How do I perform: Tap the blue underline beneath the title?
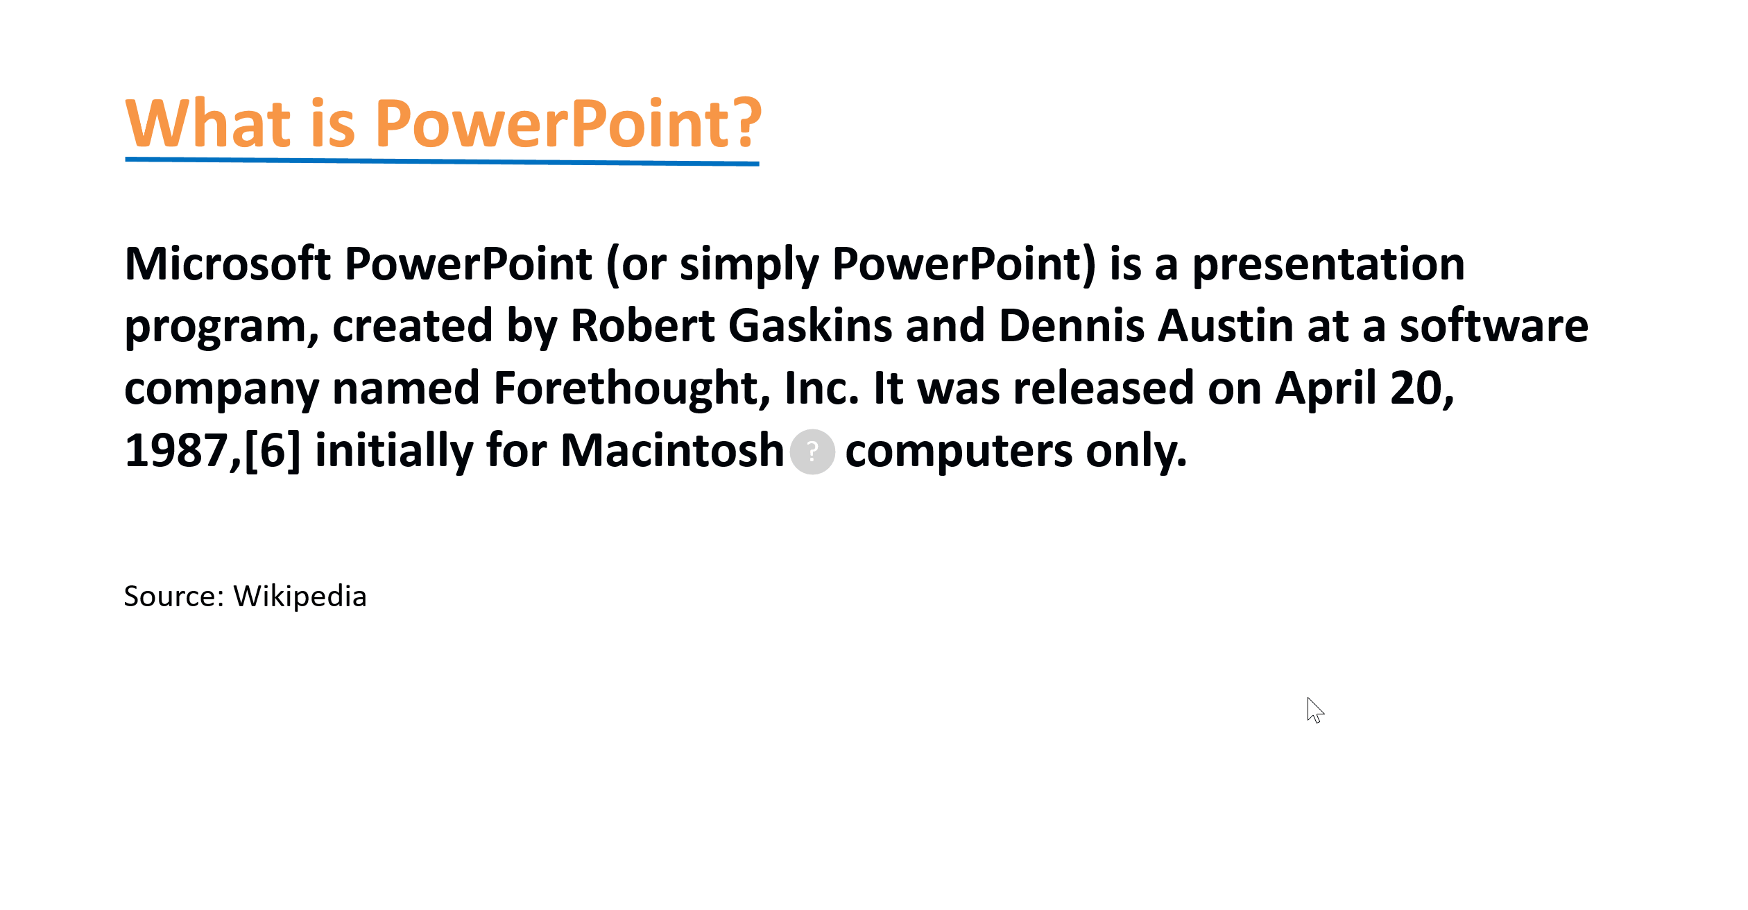(443, 162)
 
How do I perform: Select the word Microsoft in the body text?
(228, 264)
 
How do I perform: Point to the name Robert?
(643, 326)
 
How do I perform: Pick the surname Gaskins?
(810, 326)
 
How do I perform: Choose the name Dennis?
(1071, 326)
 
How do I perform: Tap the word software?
(1494, 326)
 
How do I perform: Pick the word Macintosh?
(672, 451)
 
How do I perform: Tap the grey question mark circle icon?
(813, 452)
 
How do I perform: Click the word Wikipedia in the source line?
(300, 596)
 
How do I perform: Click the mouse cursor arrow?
(1315, 710)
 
